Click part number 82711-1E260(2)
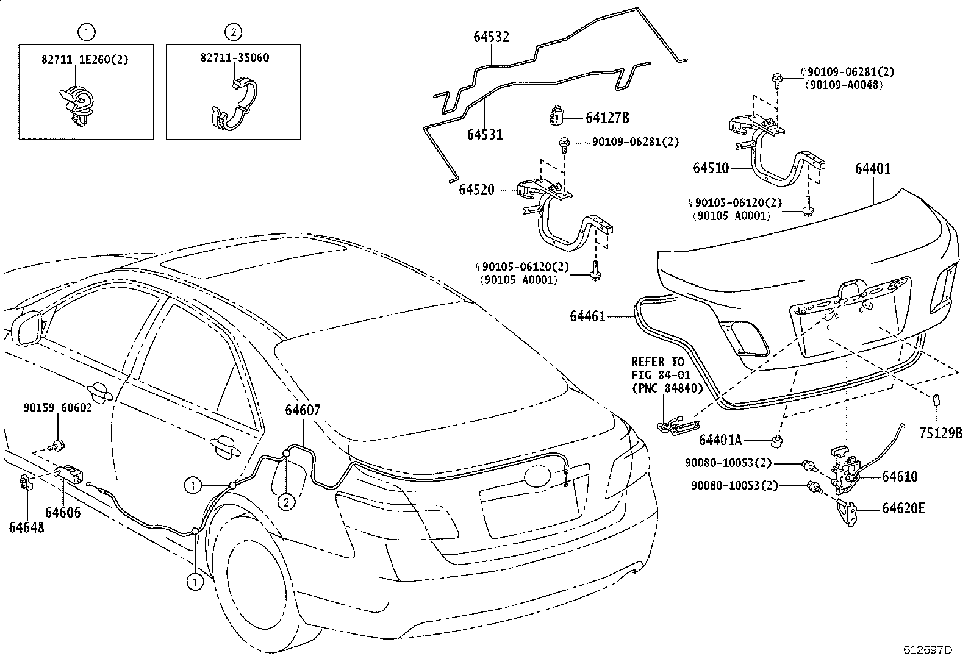85,59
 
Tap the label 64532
491,37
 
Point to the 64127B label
607,118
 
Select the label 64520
476,191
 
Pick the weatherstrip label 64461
587,316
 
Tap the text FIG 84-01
660,374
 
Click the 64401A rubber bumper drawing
778,440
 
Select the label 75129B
940,433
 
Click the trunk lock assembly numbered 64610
844,469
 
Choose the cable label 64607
303,410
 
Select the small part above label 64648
26,483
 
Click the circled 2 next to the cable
285,502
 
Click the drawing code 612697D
927,649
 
